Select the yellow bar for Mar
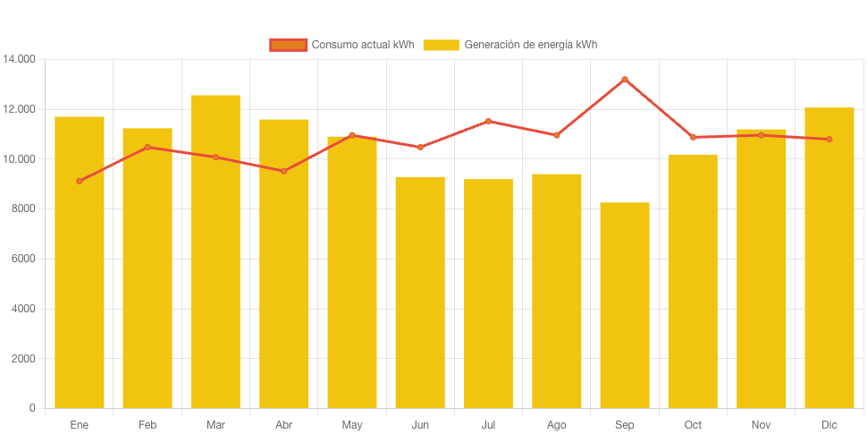[215, 251]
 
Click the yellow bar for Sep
[624, 304]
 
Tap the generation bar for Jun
[420, 292]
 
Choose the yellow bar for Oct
[693, 281]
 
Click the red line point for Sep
[624, 80]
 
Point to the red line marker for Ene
[80, 181]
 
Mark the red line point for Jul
[488, 121]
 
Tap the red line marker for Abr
[283, 171]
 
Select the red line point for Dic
[829, 139]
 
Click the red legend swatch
[288, 45]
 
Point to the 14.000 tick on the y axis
[20, 59]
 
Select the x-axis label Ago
[556, 425]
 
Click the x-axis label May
[351, 425]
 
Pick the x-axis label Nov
[761, 425]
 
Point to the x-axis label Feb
[147, 425]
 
